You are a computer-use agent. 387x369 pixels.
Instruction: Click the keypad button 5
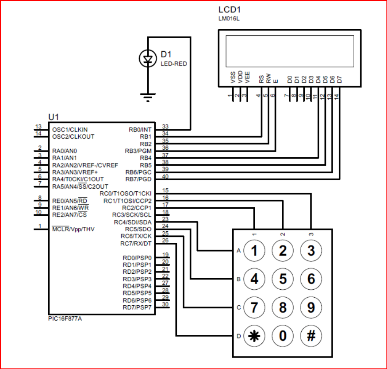coord(283,279)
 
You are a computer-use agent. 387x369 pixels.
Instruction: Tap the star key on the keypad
coord(254,336)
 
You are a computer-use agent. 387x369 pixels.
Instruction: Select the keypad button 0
coord(283,336)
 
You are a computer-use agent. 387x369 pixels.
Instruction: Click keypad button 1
coord(254,251)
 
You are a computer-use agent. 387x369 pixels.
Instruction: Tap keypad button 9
coord(311,307)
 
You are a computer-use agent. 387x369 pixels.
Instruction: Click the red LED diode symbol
coord(147,58)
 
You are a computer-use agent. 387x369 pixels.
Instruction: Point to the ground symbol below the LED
coord(147,97)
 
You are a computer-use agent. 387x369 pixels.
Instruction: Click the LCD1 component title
coord(230,10)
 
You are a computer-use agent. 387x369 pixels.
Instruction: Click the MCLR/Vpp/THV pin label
coord(73,229)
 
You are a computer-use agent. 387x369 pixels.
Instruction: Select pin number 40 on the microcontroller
coord(165,176)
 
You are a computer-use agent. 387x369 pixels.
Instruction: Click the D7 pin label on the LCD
coord(339,80)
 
